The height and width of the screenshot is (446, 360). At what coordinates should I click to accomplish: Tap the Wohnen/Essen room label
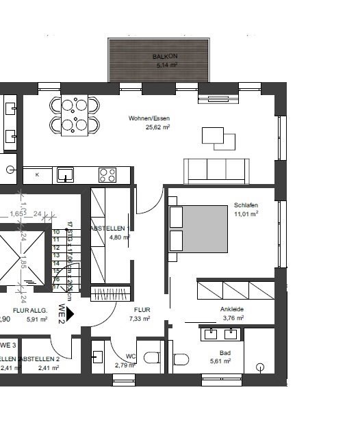pyautogui.click(x=149, y=118)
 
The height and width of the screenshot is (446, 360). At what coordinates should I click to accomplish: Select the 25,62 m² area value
pyautogui.click(x=157, y=127)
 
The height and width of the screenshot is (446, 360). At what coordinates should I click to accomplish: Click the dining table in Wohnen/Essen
pyautogui.click(x=74, y=115)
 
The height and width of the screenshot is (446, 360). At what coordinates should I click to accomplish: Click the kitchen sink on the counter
pyautogui.click(x=66, y=174)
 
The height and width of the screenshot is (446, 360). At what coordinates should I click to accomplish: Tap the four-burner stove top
pyautogui.click(x=107, y=174)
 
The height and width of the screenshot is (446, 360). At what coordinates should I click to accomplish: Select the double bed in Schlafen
pyautogui.click(x=198, y=228)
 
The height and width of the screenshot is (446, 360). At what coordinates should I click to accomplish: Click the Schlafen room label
pyautogui.click(x=245, y=205)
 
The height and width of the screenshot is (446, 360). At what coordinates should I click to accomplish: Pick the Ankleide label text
pyautogui.click(x=232, y=309)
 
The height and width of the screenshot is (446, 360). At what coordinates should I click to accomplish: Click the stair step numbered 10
pyautogui.click(x=56, y=233)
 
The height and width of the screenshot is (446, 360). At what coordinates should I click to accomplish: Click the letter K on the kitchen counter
pyautogui.click(x=37, y=175)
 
